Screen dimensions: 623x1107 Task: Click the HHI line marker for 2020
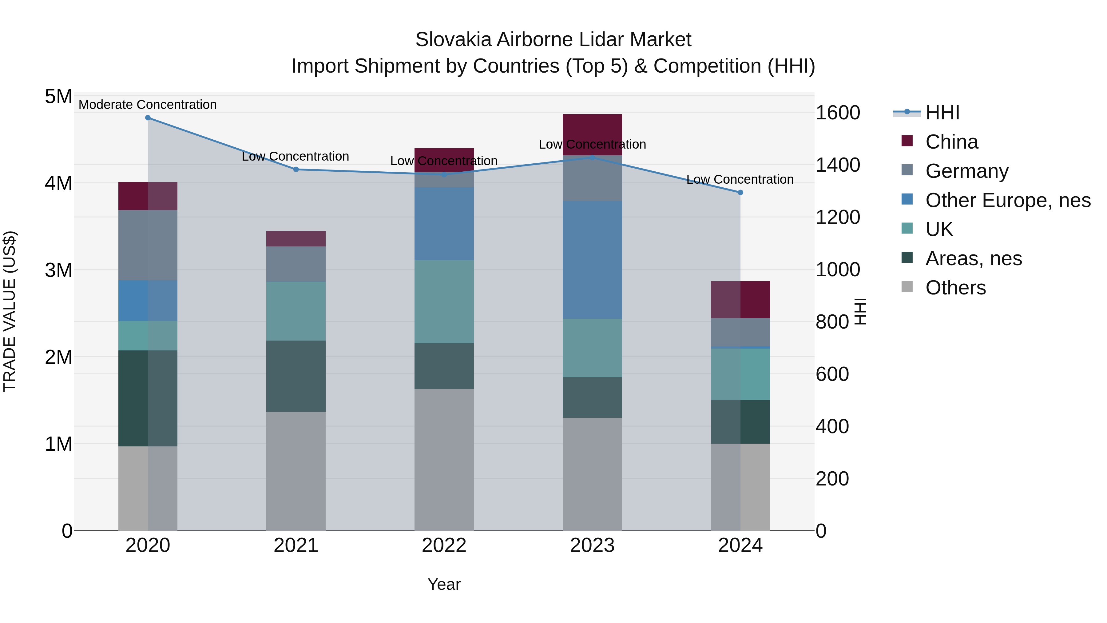pos(148,118)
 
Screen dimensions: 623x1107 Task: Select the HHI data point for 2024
pos(740,193)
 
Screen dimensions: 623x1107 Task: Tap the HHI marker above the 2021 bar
pos(296,170)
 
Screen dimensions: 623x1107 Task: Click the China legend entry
pos(951,142)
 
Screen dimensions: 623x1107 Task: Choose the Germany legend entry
pos(966,171)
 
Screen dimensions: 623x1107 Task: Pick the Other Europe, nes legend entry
pos(1007,200)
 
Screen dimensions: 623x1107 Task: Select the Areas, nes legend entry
pos(973,258)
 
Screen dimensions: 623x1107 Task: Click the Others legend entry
pos(955,288)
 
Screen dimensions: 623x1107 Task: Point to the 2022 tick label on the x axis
pos(444,545)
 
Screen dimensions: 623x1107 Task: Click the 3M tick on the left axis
pos(58,270)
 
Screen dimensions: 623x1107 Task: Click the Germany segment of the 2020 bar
pos(148,245)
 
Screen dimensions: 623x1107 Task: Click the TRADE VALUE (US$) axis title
pos(10,312)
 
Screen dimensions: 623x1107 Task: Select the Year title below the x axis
pos(444,584)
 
